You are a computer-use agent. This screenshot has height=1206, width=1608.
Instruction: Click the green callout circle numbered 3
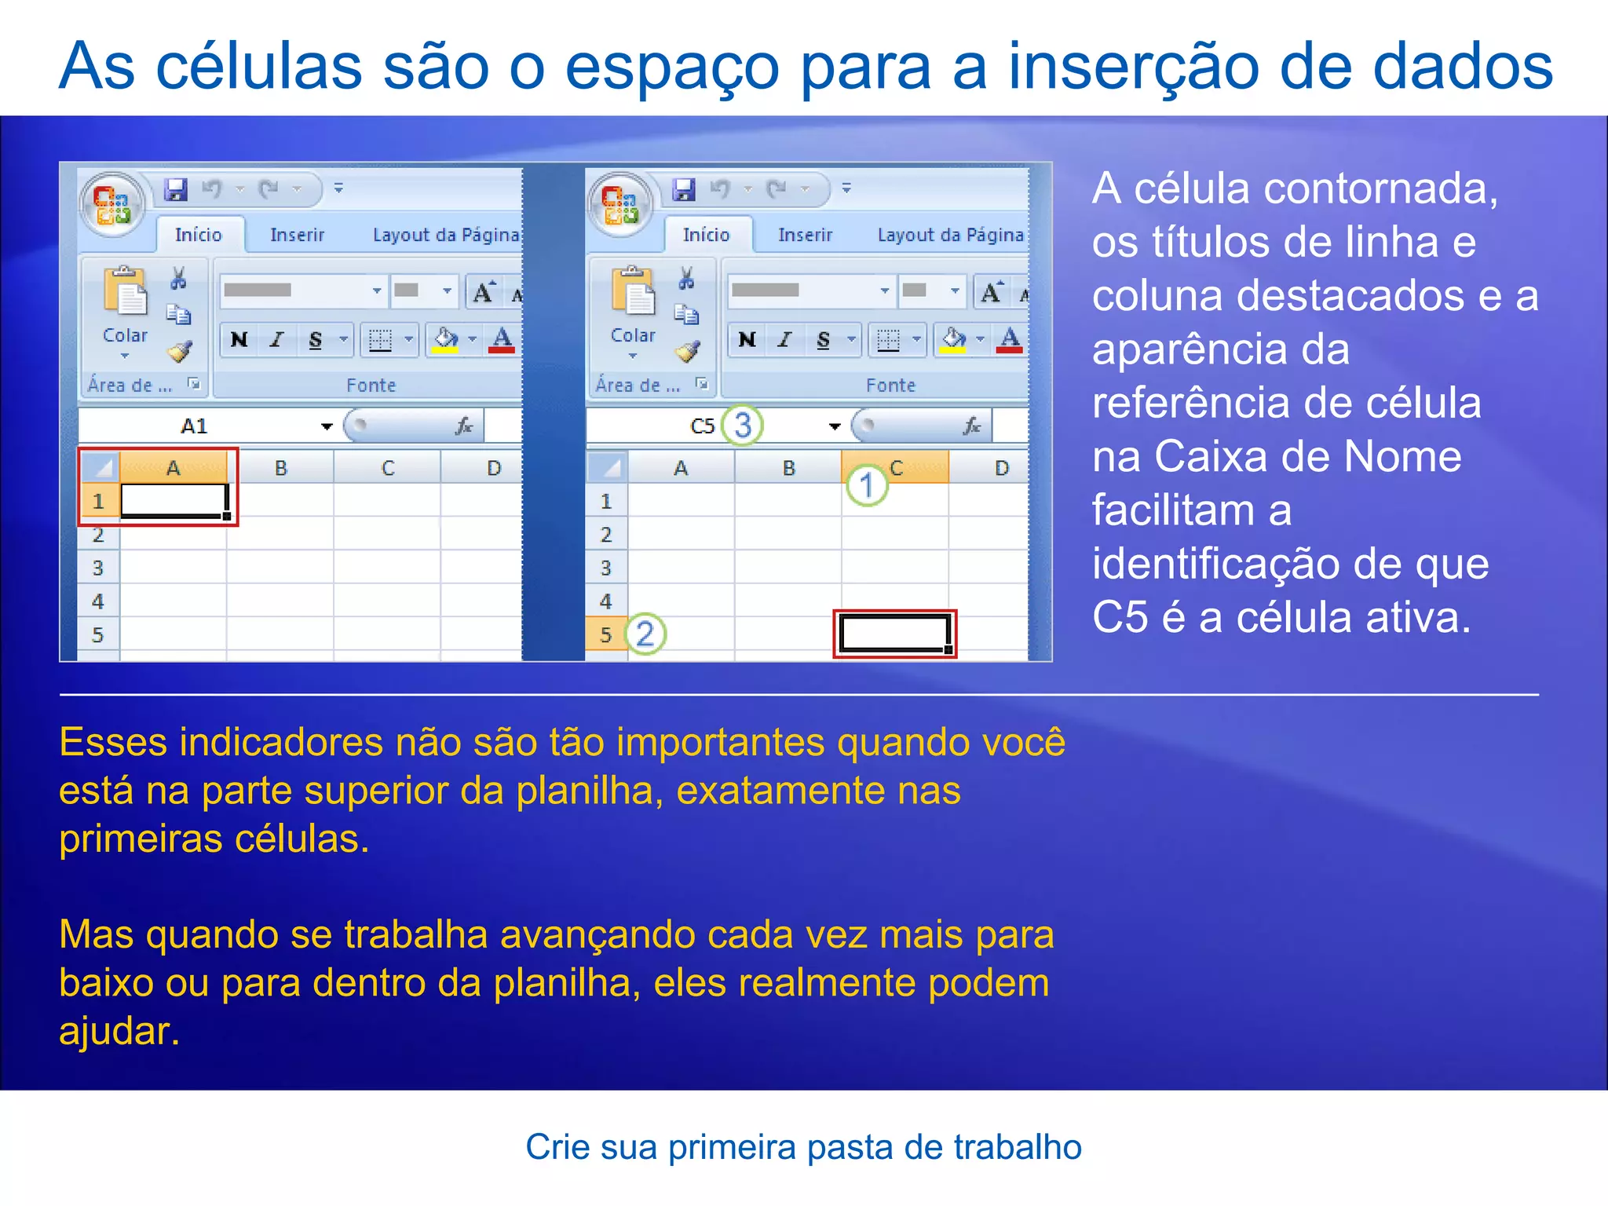point(742,425)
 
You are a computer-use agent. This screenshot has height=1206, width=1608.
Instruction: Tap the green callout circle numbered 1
point(867,484)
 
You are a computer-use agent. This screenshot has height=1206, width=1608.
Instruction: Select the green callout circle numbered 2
point(645,634)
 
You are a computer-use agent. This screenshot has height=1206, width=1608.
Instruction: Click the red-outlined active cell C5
point(894,634)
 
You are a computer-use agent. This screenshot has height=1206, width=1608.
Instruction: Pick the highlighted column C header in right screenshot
point(896,468)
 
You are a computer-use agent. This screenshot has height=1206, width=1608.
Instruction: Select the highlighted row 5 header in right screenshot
point(605,634)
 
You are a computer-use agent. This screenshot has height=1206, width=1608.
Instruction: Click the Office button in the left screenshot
point(112,203)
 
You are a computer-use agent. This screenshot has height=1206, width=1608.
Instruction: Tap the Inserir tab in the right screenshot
point(805,235)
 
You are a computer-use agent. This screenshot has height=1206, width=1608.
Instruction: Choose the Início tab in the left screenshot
point(198,235)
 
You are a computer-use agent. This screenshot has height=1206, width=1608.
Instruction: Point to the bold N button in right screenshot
point(747,339)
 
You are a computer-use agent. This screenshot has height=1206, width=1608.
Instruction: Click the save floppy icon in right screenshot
point(684,189)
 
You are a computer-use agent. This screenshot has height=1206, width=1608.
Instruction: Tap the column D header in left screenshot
point(493,468)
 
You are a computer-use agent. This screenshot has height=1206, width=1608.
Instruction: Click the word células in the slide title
point(259,66)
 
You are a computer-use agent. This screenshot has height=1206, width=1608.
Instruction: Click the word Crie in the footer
point(557,1147)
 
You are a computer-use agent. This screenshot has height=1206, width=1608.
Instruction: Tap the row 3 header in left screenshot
point(97,568)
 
